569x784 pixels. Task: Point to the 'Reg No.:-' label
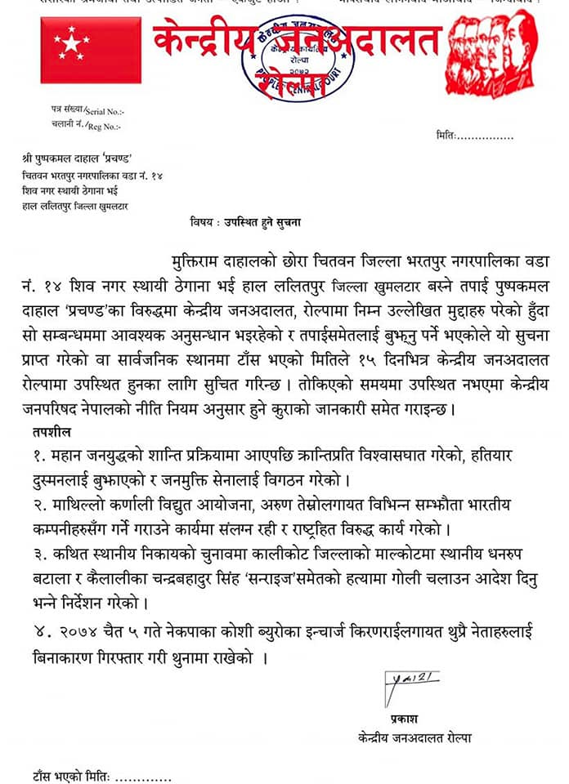point(103,127)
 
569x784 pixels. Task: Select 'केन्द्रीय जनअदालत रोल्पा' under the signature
point(414,738)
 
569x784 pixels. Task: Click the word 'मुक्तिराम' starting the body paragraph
point(202,261)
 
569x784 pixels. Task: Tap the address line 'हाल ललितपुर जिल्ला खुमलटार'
point(74,206)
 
